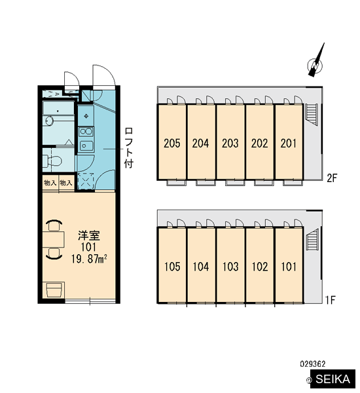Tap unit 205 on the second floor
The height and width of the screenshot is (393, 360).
pyautogui.click(x=172, y=142)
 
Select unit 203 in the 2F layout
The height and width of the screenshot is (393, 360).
pyautogui.click(x=230, y=142)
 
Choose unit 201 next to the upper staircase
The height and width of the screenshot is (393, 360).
pyautogui.click(x=289, y=142)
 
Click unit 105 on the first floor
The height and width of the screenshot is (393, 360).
pyautogui.click(x=172, y=265)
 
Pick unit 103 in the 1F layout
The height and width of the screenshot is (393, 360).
pyautogui.click(x=230, y=265)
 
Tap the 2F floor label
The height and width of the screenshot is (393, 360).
pyautogui.click(x=333, y=178)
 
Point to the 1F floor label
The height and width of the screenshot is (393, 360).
pyautogui.click(x=331, y=300)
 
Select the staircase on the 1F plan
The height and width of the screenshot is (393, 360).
pyautogui.click(x=312, y=240)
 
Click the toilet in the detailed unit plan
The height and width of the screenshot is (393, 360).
pyautogui.click(x=52, y=160)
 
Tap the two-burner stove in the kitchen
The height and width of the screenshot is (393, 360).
pyautogui.click(x=86, y=132)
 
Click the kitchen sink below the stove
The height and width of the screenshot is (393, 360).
pyautogui.click(x=86, y=145)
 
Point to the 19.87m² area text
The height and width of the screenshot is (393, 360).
pyautogui.click(x=89, y=259)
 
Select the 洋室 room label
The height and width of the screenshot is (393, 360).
pyautogui.click(x=88, y=235)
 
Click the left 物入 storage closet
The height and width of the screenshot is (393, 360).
pyautogui.click(x=50, y=183)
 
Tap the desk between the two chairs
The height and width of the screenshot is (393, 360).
pyautogui.click(x=54, y=239)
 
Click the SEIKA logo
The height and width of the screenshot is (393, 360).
pyautogui.click(x=333, y=379)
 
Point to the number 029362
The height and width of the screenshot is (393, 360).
pyautogui.click(x=313, y=364)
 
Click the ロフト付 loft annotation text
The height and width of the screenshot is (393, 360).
pyautogui.click(x=128, y=148)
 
